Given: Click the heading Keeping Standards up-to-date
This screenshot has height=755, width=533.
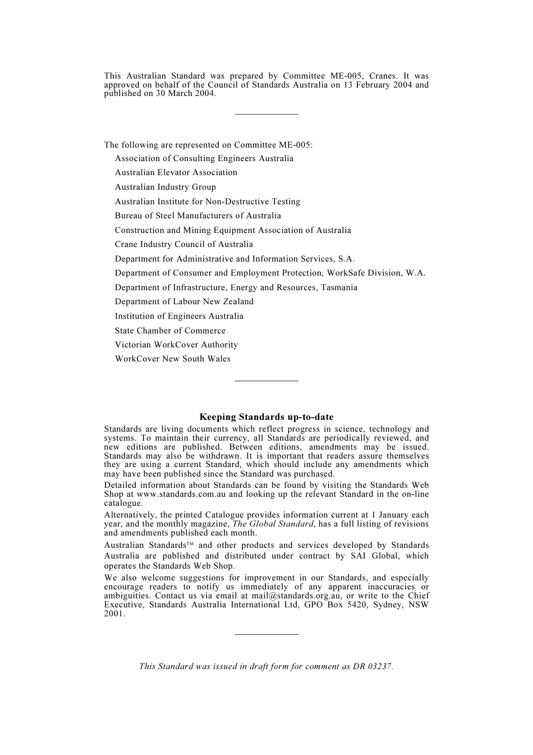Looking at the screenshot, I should pyautogui.click(x=266, y=417).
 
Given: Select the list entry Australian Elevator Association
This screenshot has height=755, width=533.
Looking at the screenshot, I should pyautogui.click(x=176, y=173).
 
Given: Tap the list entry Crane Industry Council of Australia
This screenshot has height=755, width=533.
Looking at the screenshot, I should pyautogui.click(x=183, y=245).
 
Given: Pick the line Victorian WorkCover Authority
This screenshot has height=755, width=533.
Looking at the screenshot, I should pyautogui.click(x=176, y=345).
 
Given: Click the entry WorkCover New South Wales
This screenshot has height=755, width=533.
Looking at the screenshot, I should pyautogui.click(x=172, y=359).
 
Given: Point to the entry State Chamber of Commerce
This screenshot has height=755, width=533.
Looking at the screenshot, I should pyautogui.click(x=170, y=331).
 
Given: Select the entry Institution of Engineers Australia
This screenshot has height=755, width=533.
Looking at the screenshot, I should pyautogui.click(x=179, y=317).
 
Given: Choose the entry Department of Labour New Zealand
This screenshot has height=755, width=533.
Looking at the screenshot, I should pyautogui.click(x=184, y=302).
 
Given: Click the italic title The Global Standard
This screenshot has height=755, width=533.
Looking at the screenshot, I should pyautogui.click(x=273, y=524).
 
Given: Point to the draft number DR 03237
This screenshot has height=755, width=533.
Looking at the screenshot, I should pyautogui.click(x=372, y=667).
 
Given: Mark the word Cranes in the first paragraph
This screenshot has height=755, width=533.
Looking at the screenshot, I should pyautogui.click(x=383, y=76).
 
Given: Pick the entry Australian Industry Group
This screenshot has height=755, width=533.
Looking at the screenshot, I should pyautogui.click(x=165, y=187).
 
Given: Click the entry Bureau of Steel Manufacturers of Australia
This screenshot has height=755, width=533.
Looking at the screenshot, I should pyautogui.click(x=197, y=216).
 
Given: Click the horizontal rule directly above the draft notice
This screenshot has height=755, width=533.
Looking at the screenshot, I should pyautogui.click(x=266, y=635).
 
